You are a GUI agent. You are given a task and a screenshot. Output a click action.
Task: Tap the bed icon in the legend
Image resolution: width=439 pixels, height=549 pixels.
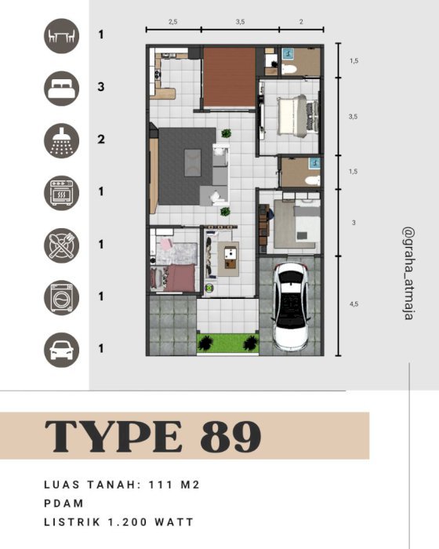coord(62,88)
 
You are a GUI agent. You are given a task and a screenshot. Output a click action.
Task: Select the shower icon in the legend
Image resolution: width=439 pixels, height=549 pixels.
coord(62,140)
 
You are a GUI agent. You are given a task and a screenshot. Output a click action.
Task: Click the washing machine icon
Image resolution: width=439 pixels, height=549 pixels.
coord(62,297)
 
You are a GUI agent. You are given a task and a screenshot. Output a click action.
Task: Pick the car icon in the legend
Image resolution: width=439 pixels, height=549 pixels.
coord(62,350)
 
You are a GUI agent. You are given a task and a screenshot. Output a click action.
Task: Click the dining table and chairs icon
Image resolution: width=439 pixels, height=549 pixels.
coord(62,36)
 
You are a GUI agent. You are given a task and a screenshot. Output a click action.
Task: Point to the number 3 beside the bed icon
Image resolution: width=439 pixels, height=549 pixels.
coord(101,87)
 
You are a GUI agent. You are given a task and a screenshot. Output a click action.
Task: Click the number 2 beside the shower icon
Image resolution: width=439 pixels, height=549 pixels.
coord(101,140)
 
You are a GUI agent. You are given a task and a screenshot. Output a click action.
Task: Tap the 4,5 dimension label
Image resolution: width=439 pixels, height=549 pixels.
coord(354,304)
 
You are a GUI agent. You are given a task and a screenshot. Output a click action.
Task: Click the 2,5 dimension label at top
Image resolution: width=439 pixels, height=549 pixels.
coord(173,22)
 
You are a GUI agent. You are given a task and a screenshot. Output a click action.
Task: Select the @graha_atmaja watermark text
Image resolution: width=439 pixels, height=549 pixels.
coord(408,274)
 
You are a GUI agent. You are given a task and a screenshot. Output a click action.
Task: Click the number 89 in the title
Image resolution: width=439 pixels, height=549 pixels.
coord(230,436)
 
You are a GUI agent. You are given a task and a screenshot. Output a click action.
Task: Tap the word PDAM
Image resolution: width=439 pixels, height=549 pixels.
coord(64,504)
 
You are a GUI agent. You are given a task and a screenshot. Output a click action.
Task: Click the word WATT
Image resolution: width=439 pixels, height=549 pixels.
coord(174,522)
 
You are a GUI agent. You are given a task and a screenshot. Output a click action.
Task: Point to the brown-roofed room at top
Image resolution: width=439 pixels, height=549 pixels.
coord(230,77)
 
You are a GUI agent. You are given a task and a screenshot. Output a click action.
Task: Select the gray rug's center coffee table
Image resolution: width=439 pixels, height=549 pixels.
coord(193,163)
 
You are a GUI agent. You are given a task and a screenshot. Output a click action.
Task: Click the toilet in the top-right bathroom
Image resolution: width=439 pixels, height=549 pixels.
coord(288,69)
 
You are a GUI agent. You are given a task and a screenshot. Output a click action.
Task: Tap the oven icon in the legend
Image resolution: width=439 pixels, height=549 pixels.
coord(62,193)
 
